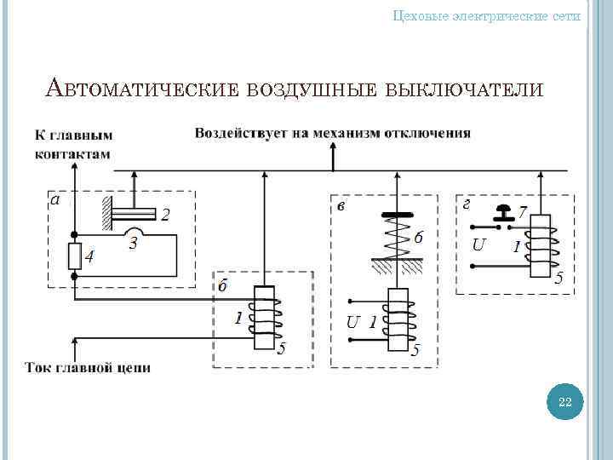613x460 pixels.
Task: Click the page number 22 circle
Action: click(x=564, y=402)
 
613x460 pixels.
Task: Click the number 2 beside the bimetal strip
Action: click(x=166, y=215)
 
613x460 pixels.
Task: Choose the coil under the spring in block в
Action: click(x=398, y=320)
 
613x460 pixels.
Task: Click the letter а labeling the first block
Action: click(x=55, y=201)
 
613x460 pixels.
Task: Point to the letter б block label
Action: click(x=222, y=286)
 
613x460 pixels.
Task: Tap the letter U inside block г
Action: click(x=479, y=245)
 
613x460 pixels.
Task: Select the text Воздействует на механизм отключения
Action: click(x=333, y=133)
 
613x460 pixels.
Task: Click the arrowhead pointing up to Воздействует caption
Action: click(x=333, y=150)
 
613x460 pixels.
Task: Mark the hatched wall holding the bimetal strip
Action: click(x=106, y=213)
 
